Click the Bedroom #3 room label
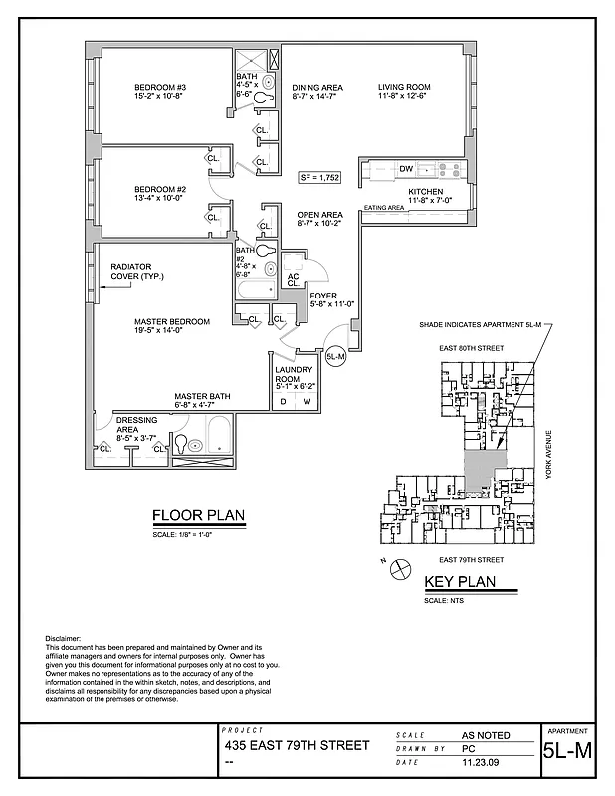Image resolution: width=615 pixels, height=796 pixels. (x=167, y=88)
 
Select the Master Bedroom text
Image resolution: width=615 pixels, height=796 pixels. (x=172, y=322)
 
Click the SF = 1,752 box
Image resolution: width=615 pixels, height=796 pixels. (x=320, y=177)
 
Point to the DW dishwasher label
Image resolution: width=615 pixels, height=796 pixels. (x=405, y=170)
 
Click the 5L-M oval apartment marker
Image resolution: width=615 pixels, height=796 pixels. (x=335, y=355)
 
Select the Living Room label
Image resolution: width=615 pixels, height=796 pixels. (x=402, y=88)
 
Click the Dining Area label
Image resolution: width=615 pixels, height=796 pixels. (x=317, y=88)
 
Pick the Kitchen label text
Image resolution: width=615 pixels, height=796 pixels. (x=425, y=191)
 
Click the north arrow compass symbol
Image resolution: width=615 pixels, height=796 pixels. (x=401, y=570)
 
